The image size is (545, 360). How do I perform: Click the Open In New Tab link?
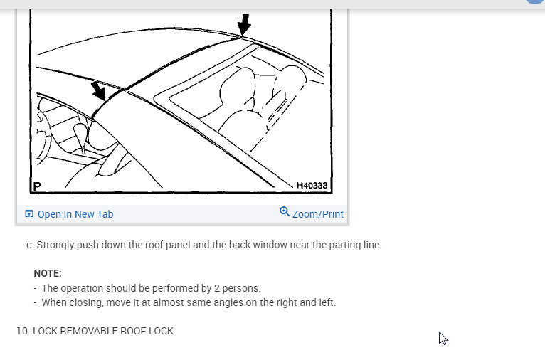(x=75, y=214)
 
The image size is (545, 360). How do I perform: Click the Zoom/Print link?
(x=317, y=214)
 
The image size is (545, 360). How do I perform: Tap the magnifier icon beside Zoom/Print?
(x=285, y=212)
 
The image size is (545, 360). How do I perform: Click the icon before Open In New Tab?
(x=29, y=214)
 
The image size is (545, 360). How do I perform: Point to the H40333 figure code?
(x=312, y=186)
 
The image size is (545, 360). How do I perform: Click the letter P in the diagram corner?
(x=37, y=186)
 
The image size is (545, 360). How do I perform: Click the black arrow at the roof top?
(x=244, y=24)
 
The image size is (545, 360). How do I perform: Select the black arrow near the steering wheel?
(x=98, y=91)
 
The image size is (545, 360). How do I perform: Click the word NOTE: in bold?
(x=48, y=273)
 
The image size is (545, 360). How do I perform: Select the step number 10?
(x=22, y=331)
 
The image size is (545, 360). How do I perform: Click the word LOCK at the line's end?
(x=161, y=331)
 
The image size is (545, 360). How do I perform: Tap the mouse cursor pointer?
(x=443, y=338)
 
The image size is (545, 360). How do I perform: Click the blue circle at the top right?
(x=535, y=2)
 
